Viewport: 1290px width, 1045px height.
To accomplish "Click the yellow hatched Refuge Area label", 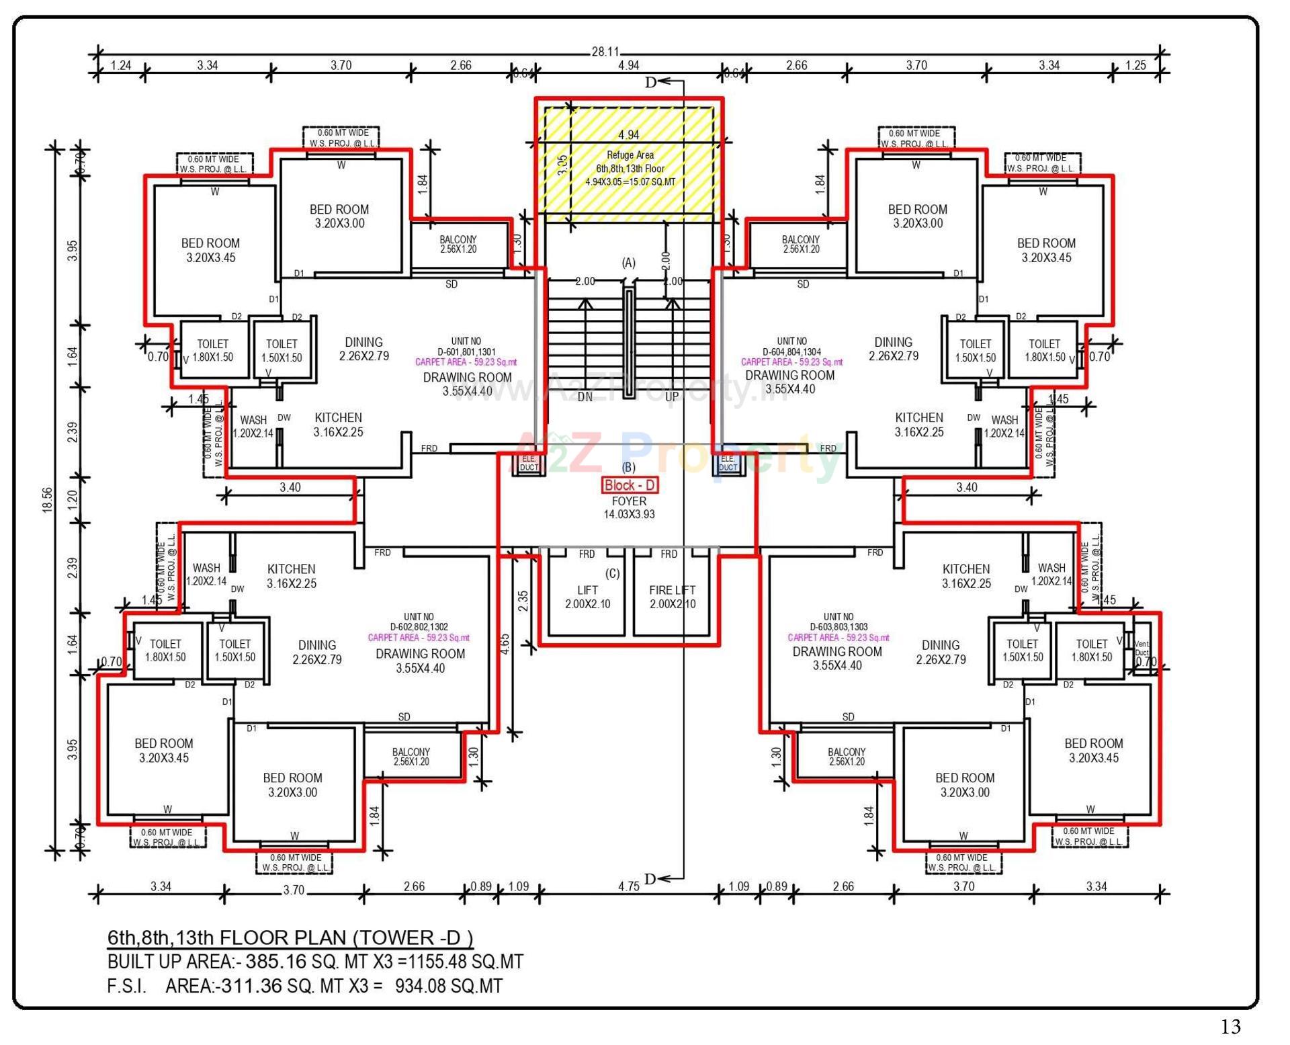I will (x=630, y=168).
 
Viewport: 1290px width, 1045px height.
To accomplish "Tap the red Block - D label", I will (x=630, y=485).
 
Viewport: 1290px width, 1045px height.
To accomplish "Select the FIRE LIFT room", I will (x=673, y=597).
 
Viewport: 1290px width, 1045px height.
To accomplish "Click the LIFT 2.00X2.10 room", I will (x=587, y=597).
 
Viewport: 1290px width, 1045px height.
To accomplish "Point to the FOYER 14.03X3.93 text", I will (x=629, y=508).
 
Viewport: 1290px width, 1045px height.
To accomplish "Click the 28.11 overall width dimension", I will (x=605, y=52).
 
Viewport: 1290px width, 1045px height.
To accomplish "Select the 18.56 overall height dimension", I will (x=47, y=500).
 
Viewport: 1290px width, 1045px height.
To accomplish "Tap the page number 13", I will (x=1230, y=1026).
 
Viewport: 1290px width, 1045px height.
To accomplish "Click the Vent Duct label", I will (x=1142, y=649).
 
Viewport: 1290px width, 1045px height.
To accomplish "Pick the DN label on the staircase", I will (x=585, y=397).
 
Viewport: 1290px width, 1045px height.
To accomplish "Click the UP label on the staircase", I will (x=672, y=397).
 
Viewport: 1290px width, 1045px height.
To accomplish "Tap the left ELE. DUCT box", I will (x=529, y=463).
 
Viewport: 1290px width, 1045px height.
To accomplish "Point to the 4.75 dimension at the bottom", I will (x=628, y=886).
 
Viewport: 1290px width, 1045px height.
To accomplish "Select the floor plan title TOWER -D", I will (x=290, y=937).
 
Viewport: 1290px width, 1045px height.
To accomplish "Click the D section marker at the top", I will (x=650, y=83).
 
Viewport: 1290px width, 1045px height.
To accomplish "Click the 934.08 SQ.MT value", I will (x=448, y=986).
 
